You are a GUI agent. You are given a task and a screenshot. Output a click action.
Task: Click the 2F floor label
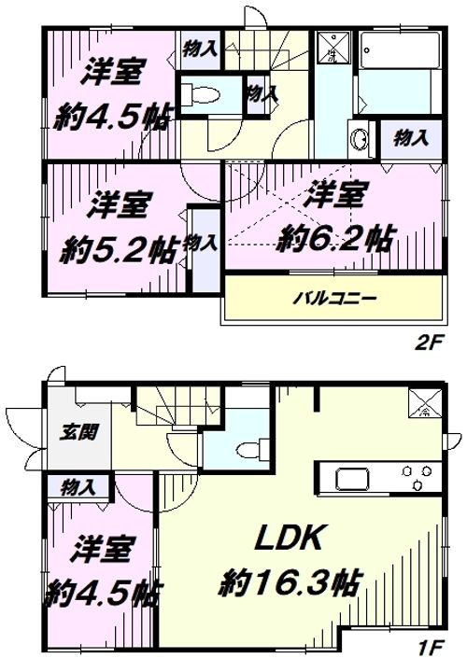[x=427, y=343]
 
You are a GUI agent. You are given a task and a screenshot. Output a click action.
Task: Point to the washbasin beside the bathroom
[x=360, y=142]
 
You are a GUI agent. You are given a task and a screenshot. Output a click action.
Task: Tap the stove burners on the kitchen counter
[x=416, y=480]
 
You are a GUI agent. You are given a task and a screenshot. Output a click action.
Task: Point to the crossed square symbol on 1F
[x=423, y=402]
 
